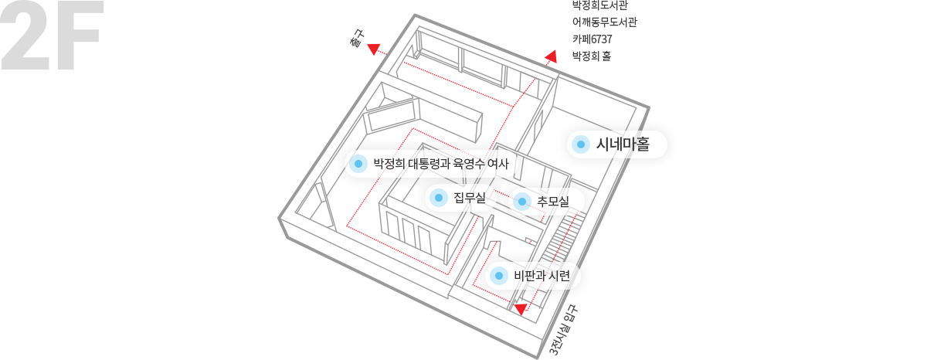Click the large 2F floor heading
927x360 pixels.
pos(52,36)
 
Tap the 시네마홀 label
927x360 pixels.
pos(623,144)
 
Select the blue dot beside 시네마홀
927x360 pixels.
pos(581,144)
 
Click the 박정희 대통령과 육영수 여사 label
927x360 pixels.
pos(441,164)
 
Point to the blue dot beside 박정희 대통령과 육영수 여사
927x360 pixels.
pos(358,164)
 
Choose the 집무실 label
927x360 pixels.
pos(470,198)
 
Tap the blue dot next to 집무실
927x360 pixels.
pos(439,198)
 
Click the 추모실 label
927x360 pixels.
pos(553,202)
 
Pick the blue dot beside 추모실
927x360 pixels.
pos(522,202)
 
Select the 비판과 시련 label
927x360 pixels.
pos(542,276)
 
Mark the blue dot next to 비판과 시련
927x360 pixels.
pos(499,276)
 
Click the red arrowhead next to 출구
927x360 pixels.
pos(374,49)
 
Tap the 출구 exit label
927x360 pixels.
pos(357,38)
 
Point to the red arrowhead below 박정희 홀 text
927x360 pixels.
pos(552,56)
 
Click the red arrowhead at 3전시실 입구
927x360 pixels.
pos(520,309)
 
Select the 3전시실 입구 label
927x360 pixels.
pos(563,330)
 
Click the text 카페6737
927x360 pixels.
pos(593,39)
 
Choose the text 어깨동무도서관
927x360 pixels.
pos(605,22)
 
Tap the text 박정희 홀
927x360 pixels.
pos(592,56)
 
